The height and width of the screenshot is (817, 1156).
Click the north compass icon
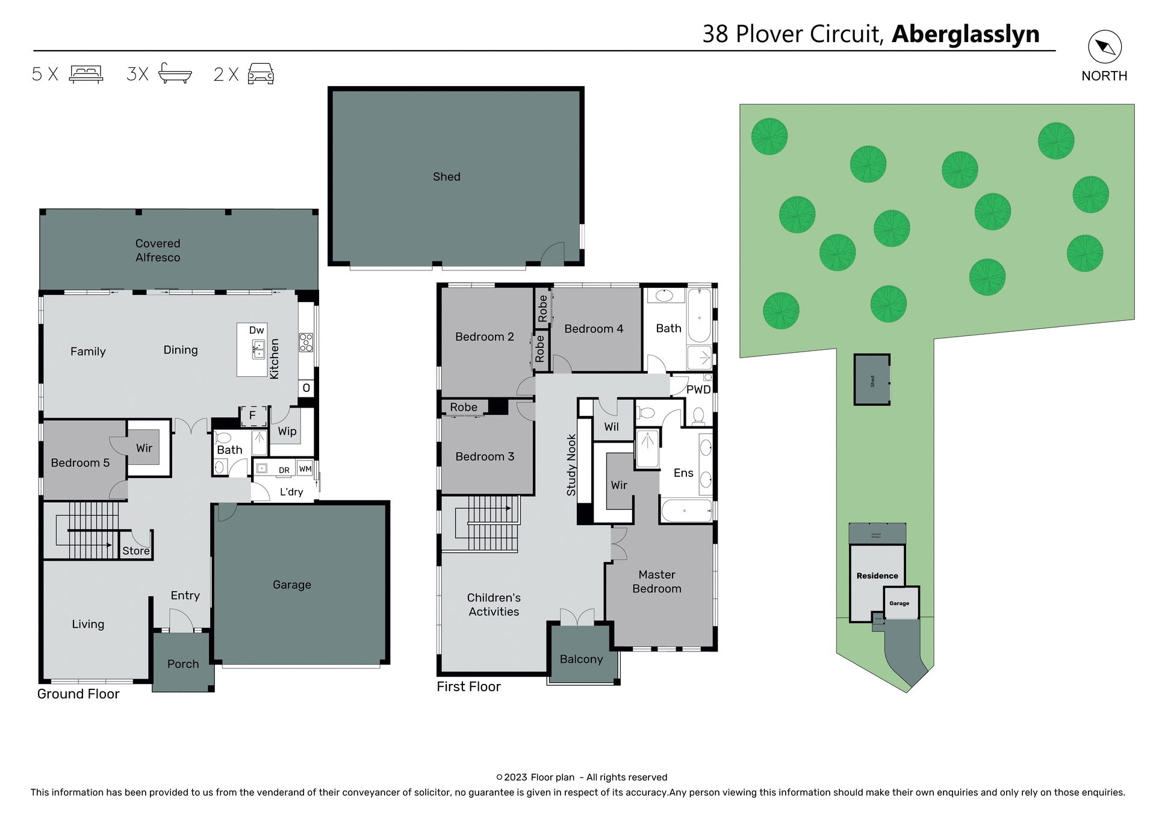(x=1105, y=47)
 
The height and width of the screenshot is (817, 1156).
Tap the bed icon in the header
(x=86, y=74)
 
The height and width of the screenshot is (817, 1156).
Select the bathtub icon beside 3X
(x=175, y=73)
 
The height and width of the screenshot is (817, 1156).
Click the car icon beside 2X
(x=261, y=73)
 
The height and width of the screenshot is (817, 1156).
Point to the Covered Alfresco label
(x=158, y=250)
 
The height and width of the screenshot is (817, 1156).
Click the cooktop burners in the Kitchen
(x=306, y=343)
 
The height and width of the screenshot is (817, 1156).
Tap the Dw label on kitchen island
(x=256, y=330)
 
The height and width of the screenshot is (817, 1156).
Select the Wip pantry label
(x=287, y=431)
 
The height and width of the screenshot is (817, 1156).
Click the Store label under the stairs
(x=136, y=551)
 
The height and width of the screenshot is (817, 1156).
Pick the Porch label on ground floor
(x=183, y=664)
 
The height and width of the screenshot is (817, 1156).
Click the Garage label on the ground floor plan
(x=292, y=585)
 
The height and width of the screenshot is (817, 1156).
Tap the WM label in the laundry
(x=305, y=469)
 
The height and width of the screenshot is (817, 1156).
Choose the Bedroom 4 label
(x=594, y=329)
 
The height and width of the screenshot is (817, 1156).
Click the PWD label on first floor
(x=698, y=390)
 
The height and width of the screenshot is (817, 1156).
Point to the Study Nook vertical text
(x=571, y=465)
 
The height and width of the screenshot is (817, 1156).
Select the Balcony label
(x=581, y=659)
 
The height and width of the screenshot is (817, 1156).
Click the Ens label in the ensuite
(x=683, y=473)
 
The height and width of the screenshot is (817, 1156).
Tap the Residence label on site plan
(x=877, y=576)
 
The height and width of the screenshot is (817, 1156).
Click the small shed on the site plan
(x=872, y=380)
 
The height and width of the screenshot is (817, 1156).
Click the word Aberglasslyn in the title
(x=965, y=34)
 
